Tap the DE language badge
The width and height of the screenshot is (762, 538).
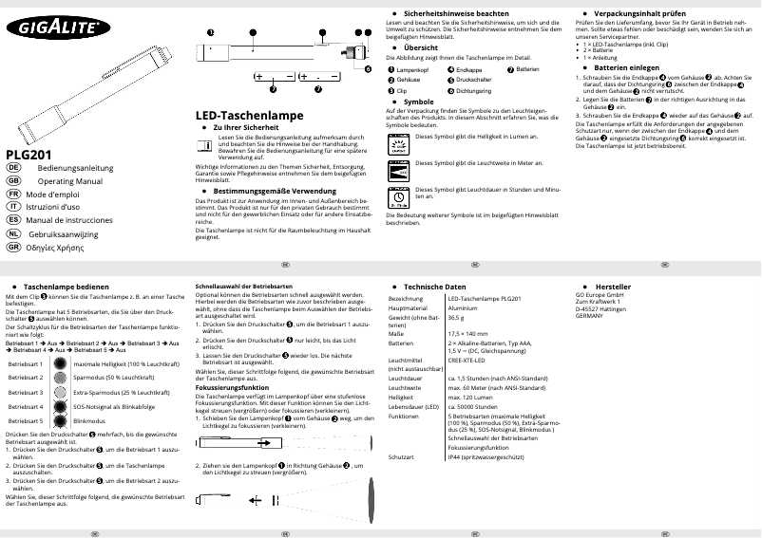[x=13, y=167]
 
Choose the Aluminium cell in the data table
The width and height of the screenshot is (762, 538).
[x=464, y=308]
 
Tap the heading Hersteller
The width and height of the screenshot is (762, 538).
[x=612, y=286]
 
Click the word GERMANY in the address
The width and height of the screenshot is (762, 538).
[x=589, y=314]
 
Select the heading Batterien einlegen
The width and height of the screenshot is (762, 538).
[x=625, y=68]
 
